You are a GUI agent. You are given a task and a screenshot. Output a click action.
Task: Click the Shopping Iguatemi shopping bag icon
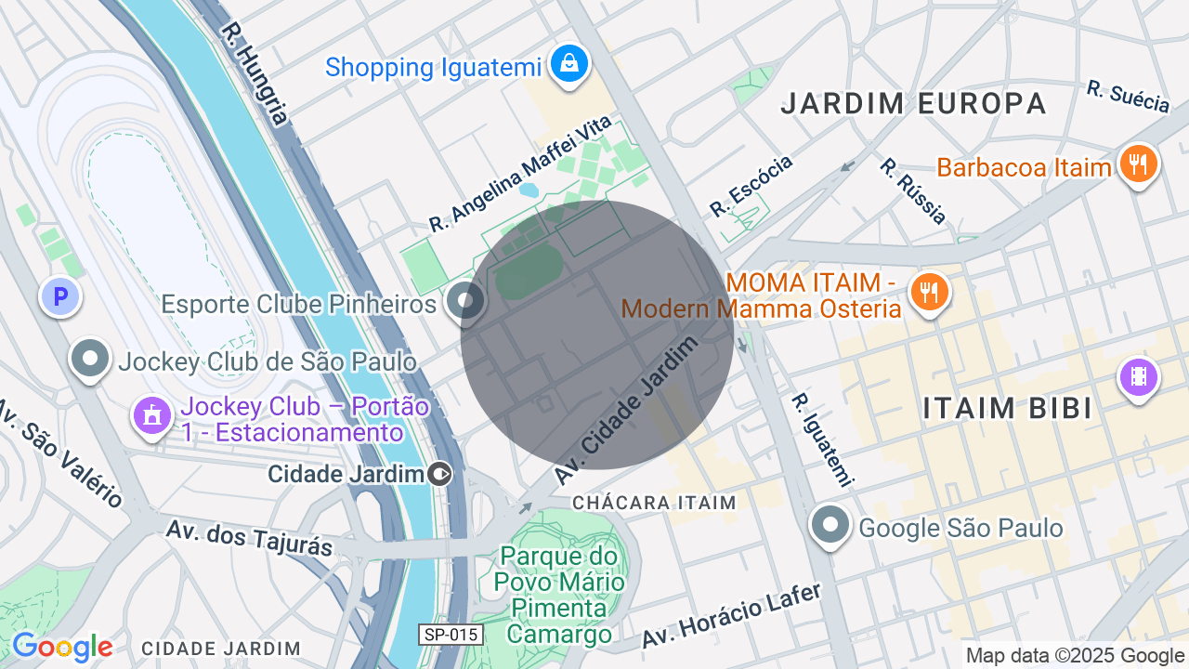tap(568, 64)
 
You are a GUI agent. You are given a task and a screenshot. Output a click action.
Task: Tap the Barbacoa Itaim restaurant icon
tap(1137, 164)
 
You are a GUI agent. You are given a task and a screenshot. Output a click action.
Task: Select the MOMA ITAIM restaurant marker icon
tap(926, 292)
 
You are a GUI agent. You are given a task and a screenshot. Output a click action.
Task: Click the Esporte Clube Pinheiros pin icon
tap(464, 302)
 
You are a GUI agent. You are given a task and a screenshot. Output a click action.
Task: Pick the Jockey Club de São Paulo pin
tap(90, 359)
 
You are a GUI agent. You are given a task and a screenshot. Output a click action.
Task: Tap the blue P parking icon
tap(60, 298)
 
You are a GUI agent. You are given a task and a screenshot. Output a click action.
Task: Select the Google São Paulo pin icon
tap(830, 525)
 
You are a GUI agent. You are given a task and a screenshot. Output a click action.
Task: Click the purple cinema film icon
tap(1138, 377)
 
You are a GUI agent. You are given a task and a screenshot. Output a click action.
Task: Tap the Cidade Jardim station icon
tap(440, 475)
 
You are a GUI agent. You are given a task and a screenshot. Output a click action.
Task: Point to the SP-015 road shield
tap(451, 635)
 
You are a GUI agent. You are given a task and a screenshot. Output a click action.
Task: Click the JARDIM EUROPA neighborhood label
tap(913, 103)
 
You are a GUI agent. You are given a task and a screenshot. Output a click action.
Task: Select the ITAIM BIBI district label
tap(1007, 408)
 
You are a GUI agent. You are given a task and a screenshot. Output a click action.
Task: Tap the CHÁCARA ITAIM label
tap(654, 503)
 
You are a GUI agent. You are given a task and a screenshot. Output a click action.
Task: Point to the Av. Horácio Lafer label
tap(732, 616)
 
